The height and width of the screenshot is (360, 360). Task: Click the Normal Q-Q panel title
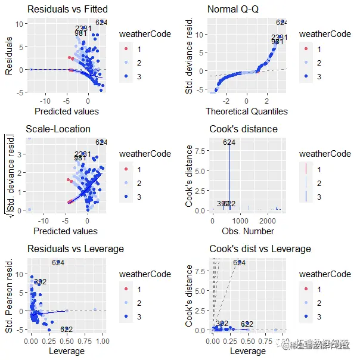233,10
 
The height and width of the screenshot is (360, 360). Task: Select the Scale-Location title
58,129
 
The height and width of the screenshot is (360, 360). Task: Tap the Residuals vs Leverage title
75,249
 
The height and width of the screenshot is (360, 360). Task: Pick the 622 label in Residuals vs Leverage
66,330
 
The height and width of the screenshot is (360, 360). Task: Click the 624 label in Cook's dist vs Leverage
239,262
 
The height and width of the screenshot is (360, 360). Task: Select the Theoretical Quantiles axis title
247,111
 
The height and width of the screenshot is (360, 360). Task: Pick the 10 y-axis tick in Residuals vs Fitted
19,23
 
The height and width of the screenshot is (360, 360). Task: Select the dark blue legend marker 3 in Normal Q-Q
306,77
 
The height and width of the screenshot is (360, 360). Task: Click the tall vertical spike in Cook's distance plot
229,179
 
